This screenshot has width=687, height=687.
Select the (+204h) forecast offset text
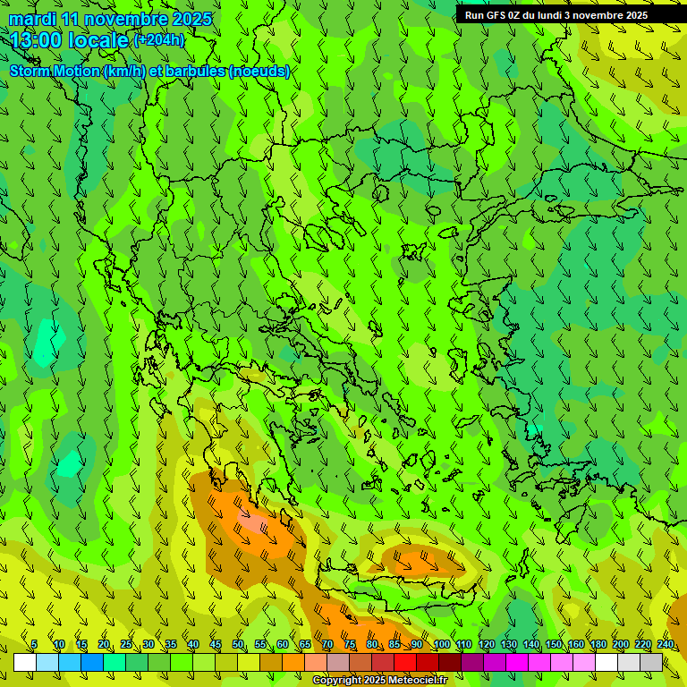[159, 39]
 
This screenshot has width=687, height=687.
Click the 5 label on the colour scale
[34, 645]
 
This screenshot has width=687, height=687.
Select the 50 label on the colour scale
[238, 645]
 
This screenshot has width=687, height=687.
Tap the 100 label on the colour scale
[441, 645]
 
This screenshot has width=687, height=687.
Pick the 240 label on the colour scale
[666, 645]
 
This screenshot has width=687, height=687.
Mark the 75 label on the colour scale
[350, 645]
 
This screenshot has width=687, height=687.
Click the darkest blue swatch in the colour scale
[92, 663]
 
